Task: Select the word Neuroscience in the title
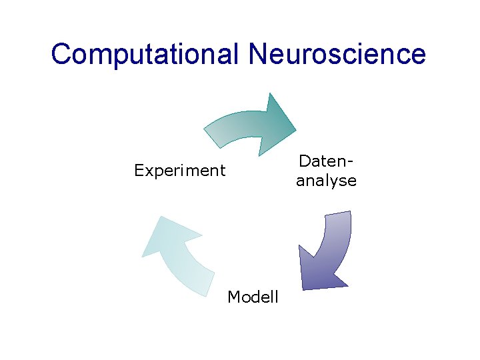tap(337, 54)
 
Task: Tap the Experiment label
tap(179, 171)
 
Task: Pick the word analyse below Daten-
tap(326, 181)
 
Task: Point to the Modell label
tap(253, 297)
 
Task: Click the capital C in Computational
tap(61, 54)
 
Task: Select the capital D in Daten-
tap(304, 161)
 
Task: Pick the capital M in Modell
tap(233, 297)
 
